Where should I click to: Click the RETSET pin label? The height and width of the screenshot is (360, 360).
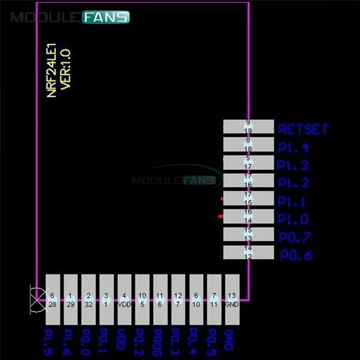point(303,129)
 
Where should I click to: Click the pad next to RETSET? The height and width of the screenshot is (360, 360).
point(248,126)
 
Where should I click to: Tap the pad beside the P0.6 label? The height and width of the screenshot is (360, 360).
point(248,252)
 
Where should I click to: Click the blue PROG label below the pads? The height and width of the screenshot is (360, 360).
point(160,343)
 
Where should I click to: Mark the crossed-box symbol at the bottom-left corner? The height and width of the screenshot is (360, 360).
point(37,299)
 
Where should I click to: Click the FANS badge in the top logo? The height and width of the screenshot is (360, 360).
point(106,18)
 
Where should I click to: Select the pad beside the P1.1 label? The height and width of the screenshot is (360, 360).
point(248,198)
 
